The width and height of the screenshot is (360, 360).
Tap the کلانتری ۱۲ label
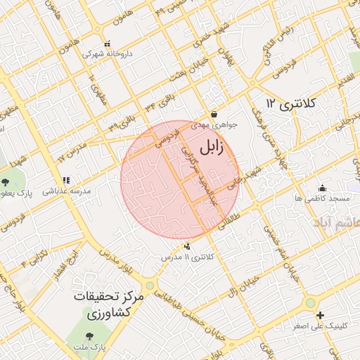pos(292,104)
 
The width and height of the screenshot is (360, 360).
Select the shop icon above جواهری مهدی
pos(214,114)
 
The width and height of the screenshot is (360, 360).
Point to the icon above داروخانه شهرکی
pos(106,43)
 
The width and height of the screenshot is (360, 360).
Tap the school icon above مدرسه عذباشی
pos(66,181)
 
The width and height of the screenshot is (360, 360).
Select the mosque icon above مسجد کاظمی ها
pos(322,188)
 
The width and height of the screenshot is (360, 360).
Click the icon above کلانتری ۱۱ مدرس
pos(187,247)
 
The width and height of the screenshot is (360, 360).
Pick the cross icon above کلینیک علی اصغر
pos(320,315)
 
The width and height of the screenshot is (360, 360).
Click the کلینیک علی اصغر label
pos(321,326)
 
